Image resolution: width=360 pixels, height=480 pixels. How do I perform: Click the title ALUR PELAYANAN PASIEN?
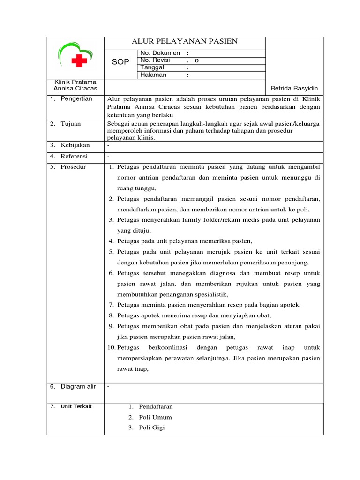186,42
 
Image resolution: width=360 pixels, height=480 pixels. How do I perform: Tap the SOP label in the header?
120,62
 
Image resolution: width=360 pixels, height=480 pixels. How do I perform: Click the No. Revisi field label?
155,60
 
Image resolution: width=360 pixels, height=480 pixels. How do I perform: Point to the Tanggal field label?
152,67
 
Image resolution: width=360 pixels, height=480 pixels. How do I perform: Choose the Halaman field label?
153,75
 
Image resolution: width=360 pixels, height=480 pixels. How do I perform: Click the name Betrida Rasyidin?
294,89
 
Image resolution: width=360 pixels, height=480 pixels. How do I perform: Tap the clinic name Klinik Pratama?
75,82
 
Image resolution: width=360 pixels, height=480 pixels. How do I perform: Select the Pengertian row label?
76,99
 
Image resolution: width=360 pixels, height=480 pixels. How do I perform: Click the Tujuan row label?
71,124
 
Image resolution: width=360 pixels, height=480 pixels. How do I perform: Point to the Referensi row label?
75,156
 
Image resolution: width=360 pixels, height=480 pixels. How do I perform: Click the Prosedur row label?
73,167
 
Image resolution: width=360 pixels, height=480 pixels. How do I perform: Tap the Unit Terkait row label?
76,406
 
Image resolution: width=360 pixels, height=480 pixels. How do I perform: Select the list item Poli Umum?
155,417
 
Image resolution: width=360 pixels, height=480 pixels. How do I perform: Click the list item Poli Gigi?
152,427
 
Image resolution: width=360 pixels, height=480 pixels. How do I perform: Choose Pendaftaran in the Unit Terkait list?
156,406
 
